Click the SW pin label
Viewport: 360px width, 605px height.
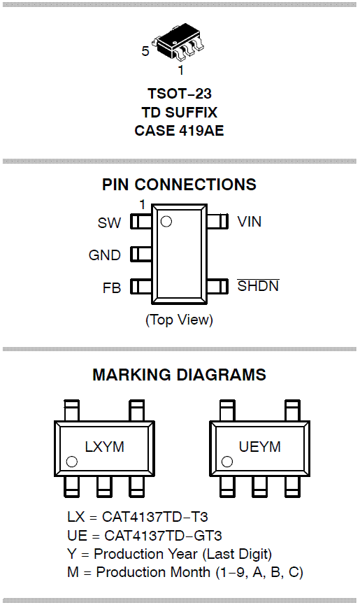point(109,223)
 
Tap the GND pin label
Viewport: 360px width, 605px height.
point(104,255)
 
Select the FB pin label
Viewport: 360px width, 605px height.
point(112,288)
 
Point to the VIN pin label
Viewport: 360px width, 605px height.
point(250,222)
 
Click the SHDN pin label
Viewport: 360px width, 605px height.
point(258,285)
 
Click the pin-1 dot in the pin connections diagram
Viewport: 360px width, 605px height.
point(166,222)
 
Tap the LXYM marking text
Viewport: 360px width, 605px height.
point(104,447)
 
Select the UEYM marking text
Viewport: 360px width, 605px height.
point(260,447)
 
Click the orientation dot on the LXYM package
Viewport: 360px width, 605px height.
point(72,462)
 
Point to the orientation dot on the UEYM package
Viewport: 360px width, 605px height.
point(227,462)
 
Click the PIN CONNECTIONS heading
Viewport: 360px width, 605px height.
point(179,185)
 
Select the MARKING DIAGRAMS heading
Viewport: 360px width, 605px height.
point(179,375)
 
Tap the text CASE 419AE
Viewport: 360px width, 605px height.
point(179,130)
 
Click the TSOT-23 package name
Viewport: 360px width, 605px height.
point(180,94)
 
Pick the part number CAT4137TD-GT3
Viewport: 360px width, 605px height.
point(163,536)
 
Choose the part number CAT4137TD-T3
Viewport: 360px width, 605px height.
point(155,517)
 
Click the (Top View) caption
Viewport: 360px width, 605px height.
point(179,320)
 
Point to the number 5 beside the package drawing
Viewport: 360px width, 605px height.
point(145,51)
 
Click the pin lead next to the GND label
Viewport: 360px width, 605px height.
point(141,255)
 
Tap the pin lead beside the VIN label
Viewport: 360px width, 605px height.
point(218,222)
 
